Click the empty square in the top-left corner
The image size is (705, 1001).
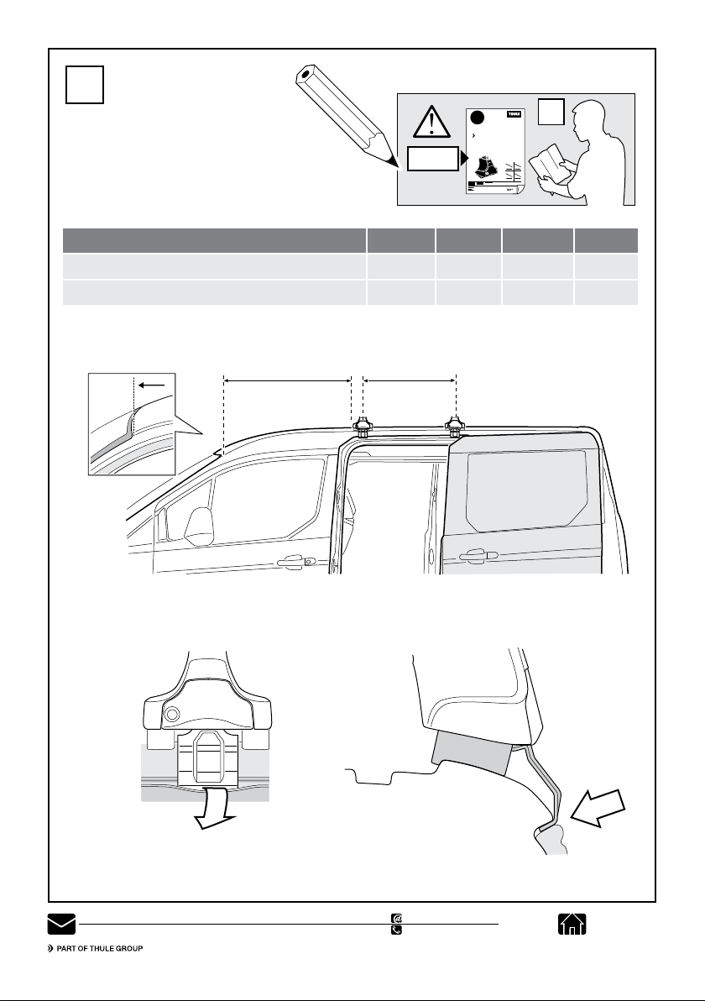coord(85,85)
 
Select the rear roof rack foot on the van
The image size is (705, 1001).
coord(454,427)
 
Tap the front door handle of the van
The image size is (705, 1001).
coord(295,560)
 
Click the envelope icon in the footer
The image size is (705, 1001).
coord(60,925)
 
